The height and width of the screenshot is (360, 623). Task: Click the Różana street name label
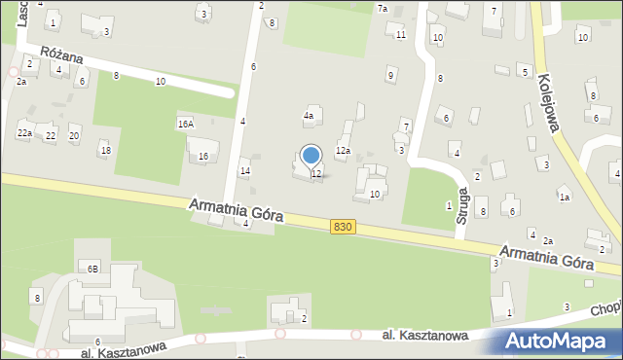(x=62, y=58)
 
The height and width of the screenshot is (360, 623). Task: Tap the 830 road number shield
(x=342, y=226)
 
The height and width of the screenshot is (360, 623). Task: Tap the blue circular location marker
(x=311, y=156)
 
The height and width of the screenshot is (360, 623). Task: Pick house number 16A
(x=185, y=124)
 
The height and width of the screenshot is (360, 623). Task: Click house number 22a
(x=24, y=132)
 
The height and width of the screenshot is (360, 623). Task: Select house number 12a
(x=343, y=151)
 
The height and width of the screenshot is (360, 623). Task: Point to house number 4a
(x=310, y=116)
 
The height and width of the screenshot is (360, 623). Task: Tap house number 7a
(x=383, y=9)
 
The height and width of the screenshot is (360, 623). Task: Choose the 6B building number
(x=92, y=268)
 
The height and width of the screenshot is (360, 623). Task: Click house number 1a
(x=564, y=197)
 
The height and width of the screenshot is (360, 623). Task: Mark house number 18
(x=105, y=149)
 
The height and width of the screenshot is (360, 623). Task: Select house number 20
(x=74, y=135)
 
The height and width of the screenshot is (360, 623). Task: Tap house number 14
(x=245, y=171)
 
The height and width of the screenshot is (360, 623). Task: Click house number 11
(x=401, y=35)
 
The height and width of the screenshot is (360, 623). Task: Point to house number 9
(x=390, y=74)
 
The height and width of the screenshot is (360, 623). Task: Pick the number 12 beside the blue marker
(x=316, y=173)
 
